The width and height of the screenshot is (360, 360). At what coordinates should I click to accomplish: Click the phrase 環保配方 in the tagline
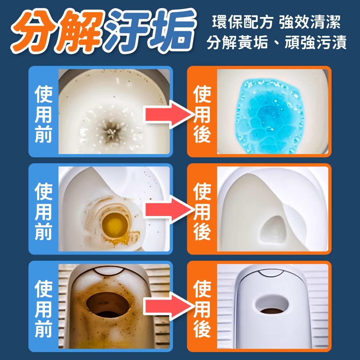[x=242, y=22]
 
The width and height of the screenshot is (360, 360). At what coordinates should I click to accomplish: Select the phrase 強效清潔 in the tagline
[x=310, y=22]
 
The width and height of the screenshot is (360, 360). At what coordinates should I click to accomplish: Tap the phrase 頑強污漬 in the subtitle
[x=316, y=43]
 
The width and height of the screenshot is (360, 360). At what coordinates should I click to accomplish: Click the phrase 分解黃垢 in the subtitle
[x=237, y=43]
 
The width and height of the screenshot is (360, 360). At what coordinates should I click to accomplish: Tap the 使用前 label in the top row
[x=44, y=114]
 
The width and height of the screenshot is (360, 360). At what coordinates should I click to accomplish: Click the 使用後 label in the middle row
[x=202, y=211]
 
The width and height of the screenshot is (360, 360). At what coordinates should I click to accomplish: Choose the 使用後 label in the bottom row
[x=202, y=309]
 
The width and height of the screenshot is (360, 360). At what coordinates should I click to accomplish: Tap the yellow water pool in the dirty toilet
[x=115, y=225]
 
